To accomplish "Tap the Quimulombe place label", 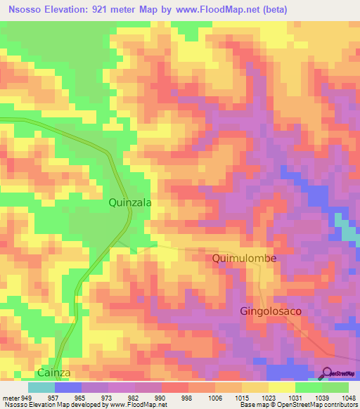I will (245, 259).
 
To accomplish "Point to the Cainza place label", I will (55, 373).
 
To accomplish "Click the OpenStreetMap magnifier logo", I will (327, 373).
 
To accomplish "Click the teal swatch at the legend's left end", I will (41, 387).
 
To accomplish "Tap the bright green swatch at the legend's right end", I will (335, 387).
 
